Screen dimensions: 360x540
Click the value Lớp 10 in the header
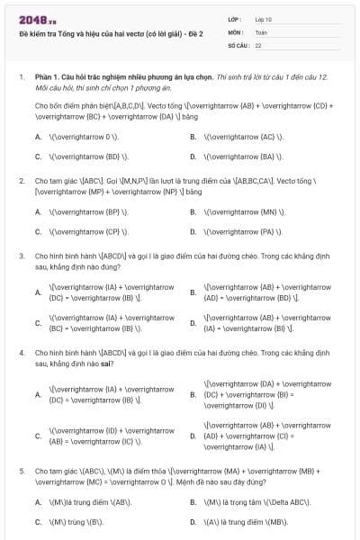pos(263,19)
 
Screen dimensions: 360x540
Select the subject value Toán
pos(261,31)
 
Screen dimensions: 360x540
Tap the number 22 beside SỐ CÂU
pos(258,44)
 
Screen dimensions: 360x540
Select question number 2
pos(22,180)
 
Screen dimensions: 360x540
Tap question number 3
pos(22,256)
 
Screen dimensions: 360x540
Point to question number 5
pos(22,471)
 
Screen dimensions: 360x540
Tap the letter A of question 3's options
pos(38,292)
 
